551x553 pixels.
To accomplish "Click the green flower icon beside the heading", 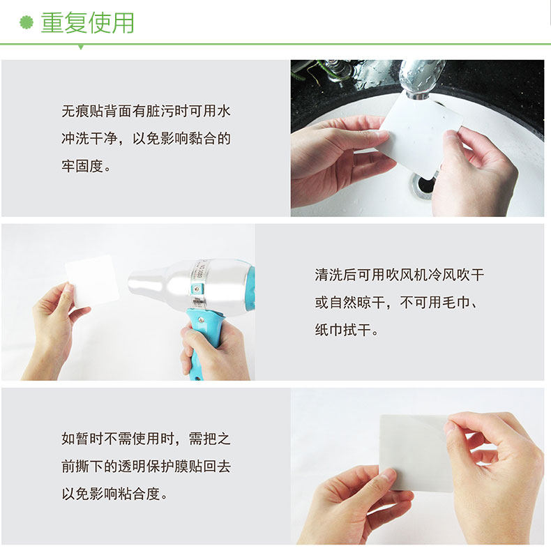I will (27, 23).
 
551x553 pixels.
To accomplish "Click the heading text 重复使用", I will (87, 23).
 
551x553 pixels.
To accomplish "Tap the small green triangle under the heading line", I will (81, 47).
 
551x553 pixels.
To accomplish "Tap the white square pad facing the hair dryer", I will (92, 280).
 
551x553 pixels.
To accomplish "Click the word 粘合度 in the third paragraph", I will (145, 494).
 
